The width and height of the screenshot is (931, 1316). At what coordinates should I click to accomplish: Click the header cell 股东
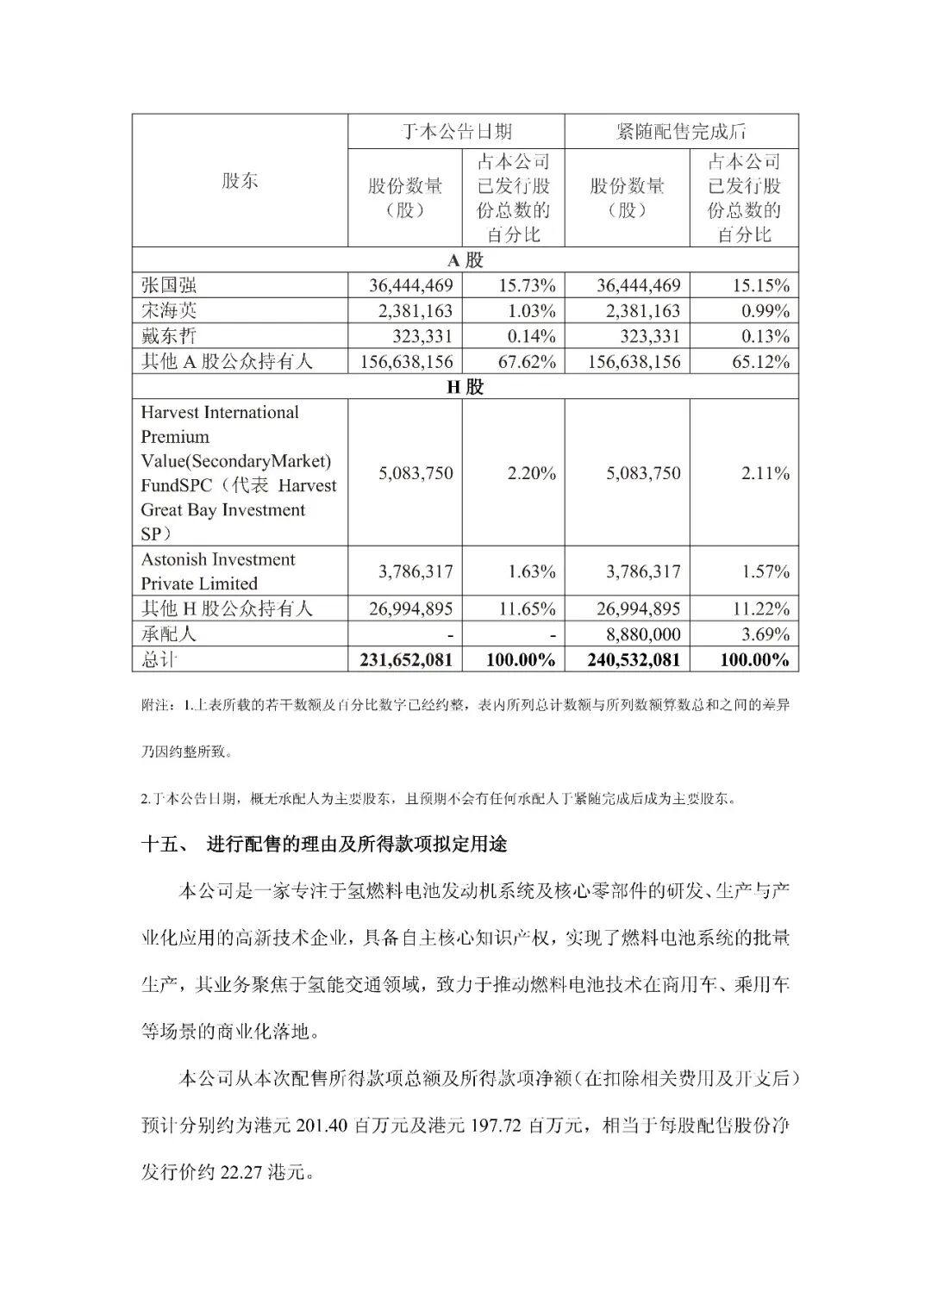[240, 181]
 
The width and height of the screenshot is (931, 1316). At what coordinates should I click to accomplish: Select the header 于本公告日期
[457, 131]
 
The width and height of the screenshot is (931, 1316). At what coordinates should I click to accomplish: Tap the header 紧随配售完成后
[681, 131]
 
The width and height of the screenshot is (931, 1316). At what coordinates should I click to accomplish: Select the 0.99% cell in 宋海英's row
[765, 310]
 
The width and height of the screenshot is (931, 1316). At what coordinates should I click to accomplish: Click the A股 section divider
[465, 260]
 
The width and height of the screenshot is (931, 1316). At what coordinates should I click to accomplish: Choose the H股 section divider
[465, 387]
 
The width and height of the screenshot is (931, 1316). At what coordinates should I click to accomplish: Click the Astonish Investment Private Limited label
[218, 571]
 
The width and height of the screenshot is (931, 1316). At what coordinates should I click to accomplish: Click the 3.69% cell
[765, 634]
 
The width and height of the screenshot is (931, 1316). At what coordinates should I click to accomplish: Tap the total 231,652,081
[405, 660]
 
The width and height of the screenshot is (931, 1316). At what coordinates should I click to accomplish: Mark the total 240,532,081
[634, 660]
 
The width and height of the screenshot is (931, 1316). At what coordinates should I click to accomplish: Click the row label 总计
[159, 659]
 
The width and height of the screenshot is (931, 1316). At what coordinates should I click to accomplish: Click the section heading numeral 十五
[160, 845]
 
